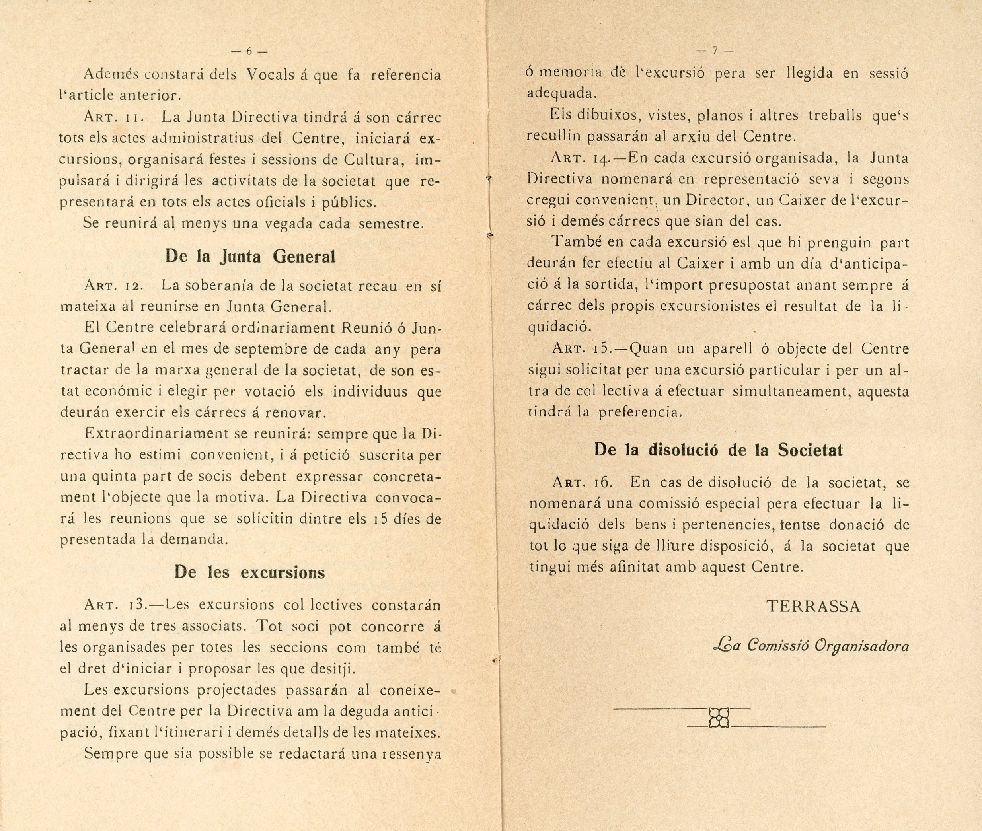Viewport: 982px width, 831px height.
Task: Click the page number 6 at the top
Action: click(249, 51)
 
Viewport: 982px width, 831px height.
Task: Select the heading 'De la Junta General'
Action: click(250, 257)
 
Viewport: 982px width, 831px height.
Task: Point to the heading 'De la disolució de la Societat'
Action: click(718, 450)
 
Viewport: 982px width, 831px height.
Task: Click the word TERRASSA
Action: click(814, 606)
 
